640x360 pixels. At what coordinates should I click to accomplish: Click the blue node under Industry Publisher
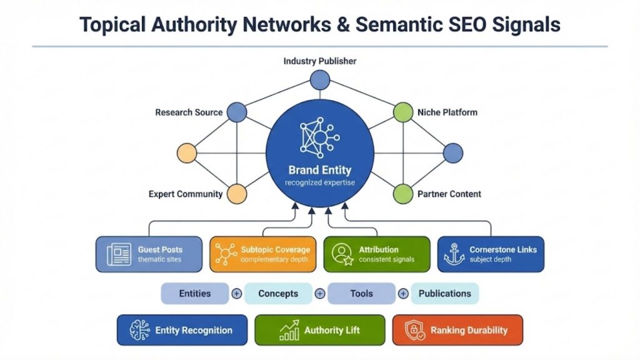point(320,80)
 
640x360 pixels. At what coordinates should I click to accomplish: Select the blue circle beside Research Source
point(236,112)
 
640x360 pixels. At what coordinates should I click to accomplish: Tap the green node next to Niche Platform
point(403,112)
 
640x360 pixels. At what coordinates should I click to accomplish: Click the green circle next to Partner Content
point(403,194)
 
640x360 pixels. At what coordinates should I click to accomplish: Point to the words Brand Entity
point(319,170)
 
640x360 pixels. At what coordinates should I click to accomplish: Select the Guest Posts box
point(149,254)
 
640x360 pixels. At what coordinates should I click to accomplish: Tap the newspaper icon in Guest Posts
point(119,254)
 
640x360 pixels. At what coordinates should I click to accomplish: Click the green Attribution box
point(376,254)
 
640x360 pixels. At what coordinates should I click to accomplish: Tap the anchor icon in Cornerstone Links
point(454,254)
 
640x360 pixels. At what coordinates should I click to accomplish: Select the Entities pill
point(195,293)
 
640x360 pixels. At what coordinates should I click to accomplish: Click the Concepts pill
point(278,293)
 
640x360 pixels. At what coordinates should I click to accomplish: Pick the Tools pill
point(361,293)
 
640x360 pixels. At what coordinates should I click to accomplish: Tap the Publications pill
point(444,293)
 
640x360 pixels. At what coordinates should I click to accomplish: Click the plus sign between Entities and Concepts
point(237,293)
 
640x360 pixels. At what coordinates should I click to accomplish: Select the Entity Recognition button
point(182,330)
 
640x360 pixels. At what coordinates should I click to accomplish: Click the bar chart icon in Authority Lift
point(289,331)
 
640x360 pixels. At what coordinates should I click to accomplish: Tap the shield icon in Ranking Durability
point(414,331)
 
